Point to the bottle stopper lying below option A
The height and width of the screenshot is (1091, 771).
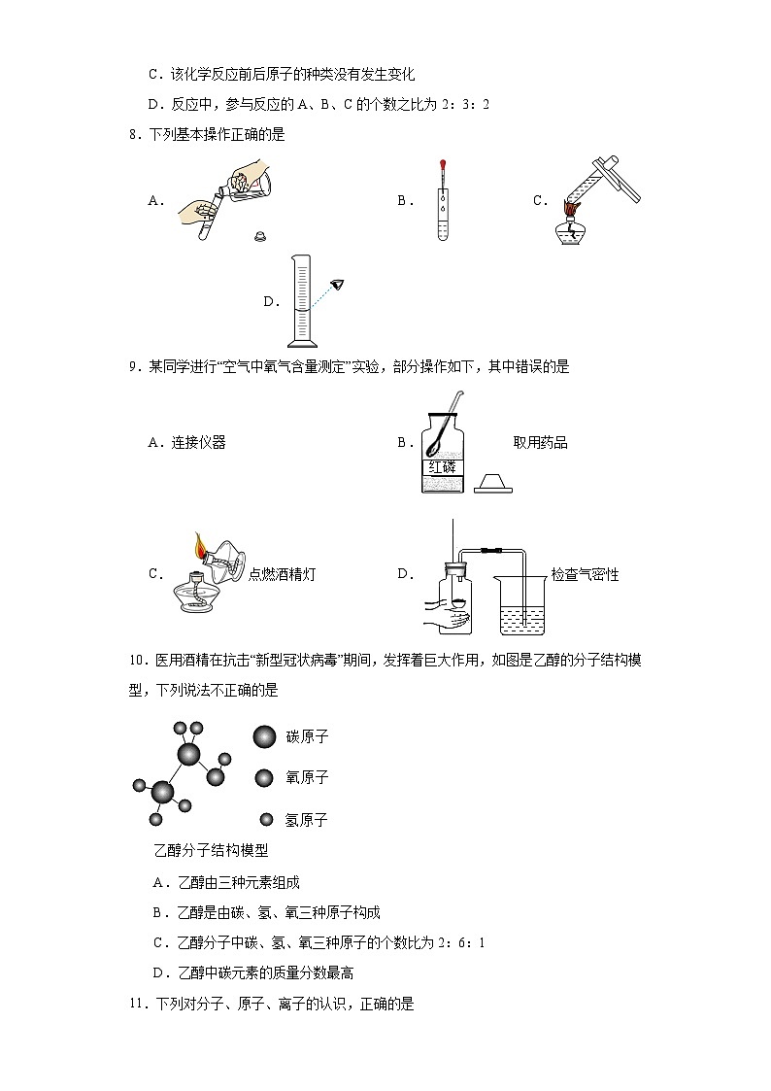click(x=259, y=235)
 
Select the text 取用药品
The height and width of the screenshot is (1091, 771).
click(x=540, y=443)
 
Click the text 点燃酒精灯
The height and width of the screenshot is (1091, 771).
click(x=282, y=574)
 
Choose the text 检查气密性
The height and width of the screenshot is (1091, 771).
click(x=585, y=574)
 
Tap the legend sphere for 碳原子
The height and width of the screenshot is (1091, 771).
click(x=264, y=736)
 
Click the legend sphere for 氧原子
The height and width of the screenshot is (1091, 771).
click(x=264, y=777)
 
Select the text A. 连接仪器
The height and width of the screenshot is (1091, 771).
click(x=186, y=443)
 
